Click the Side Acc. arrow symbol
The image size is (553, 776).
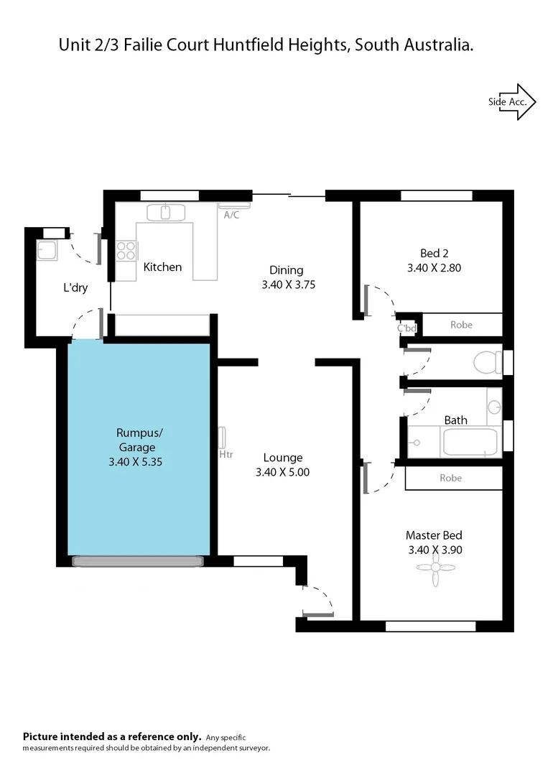click(x=512, y=102)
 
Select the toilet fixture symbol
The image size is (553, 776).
click(x=488, y=361)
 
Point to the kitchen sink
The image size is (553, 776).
click(x=166, y=212)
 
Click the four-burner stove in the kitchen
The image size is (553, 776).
click(x=126, y=250)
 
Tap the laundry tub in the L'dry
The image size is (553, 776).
click(x=48, y=251)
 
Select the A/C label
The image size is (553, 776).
click(x=231, y=215)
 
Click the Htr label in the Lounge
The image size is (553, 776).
click(x=226, y=454)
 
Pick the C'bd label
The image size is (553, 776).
click(x=407, y=328)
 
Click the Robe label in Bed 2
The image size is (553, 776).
click(x=461, y=325)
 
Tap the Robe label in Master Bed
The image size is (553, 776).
click(x=450, y=478)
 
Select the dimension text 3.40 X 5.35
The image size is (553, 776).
click(x=135, y=462)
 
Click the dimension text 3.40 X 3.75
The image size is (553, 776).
click(x=289, y=285)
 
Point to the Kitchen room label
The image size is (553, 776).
click(x=162, y=267)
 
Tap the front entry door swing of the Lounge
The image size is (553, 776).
click(x=317, y=601)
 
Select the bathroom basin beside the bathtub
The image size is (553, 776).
click(x=494, y=407)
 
